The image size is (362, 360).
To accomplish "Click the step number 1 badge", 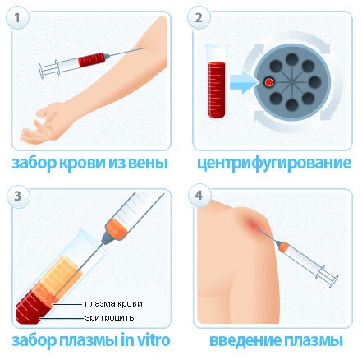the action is tap(17, 18).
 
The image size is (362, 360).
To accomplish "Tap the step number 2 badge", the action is tap(199, 18).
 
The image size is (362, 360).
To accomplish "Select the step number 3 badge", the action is tap(17, 196).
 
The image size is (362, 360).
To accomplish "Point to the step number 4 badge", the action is tap(199, 196).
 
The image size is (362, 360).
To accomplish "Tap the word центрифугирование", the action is tap(274, 164).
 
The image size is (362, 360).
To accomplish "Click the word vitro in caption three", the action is tap(154, 340).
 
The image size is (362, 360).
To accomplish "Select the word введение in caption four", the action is tap(245, 341).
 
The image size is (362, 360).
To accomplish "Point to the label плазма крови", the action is tap(113, 304).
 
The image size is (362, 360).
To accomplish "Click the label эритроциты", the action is tap(110, 318).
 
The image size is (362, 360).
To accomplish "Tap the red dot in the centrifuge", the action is tap(269, 82).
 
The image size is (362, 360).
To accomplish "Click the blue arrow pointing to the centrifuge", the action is tap(244, 82).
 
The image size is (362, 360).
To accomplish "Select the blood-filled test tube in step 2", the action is tap(217, 81).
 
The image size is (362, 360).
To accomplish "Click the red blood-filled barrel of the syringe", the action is tap(92, 60).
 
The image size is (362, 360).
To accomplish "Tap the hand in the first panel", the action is tap(43, 123).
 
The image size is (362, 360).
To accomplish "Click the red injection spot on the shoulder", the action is tap(254, 225).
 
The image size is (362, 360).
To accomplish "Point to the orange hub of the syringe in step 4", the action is tap(284, 247).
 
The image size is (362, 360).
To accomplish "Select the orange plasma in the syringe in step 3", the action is tap(117, 225).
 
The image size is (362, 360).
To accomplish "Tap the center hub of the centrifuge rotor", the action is tap(292, 82).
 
